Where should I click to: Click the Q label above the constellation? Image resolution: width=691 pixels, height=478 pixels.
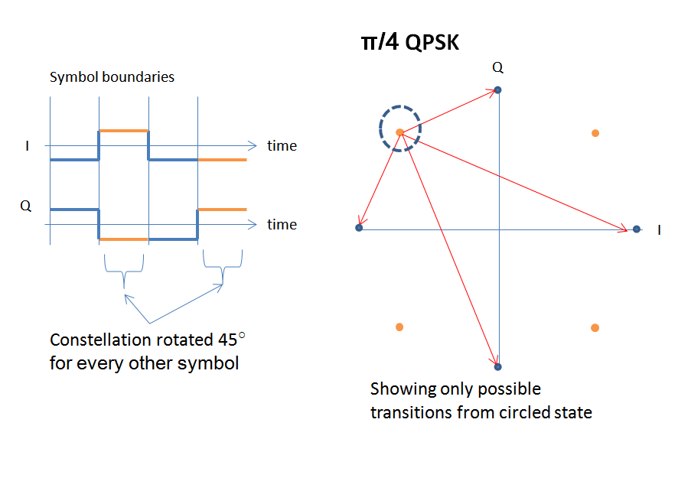(497, 68)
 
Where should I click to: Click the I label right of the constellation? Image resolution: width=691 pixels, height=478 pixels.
(659, 229)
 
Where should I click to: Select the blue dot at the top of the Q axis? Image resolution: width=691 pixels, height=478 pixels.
(497, 89)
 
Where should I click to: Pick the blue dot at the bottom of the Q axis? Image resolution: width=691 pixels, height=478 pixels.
(497, 367)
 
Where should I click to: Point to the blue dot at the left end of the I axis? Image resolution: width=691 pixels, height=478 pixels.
(359, 228)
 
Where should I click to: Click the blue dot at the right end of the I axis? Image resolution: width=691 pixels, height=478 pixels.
(636, 229)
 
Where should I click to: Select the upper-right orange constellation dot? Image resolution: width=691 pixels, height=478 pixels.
(595, 133)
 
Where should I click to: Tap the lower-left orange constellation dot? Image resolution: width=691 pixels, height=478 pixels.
(399, 327)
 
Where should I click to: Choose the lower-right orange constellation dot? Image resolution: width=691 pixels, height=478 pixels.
(595, 328)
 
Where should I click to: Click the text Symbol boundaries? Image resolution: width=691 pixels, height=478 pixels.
(112, 77)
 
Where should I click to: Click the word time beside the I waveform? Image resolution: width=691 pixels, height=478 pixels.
(282, 145)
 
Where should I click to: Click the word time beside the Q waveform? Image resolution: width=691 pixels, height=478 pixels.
(282, 225)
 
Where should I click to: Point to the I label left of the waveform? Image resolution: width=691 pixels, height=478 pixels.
(28, 145)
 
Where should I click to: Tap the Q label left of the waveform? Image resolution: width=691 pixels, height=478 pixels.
(26, 206)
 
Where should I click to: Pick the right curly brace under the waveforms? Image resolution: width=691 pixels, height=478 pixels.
(222, 268)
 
